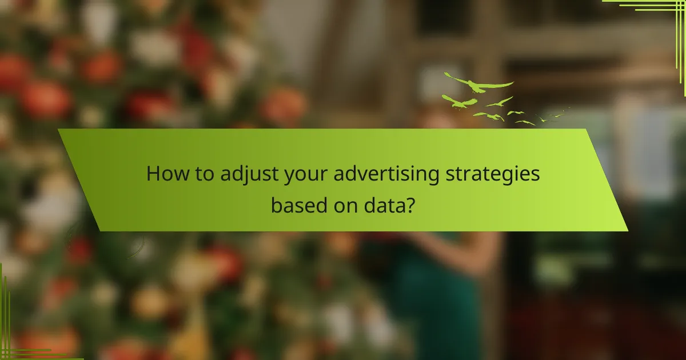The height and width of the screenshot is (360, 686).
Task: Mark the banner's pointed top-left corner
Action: point(59,130)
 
